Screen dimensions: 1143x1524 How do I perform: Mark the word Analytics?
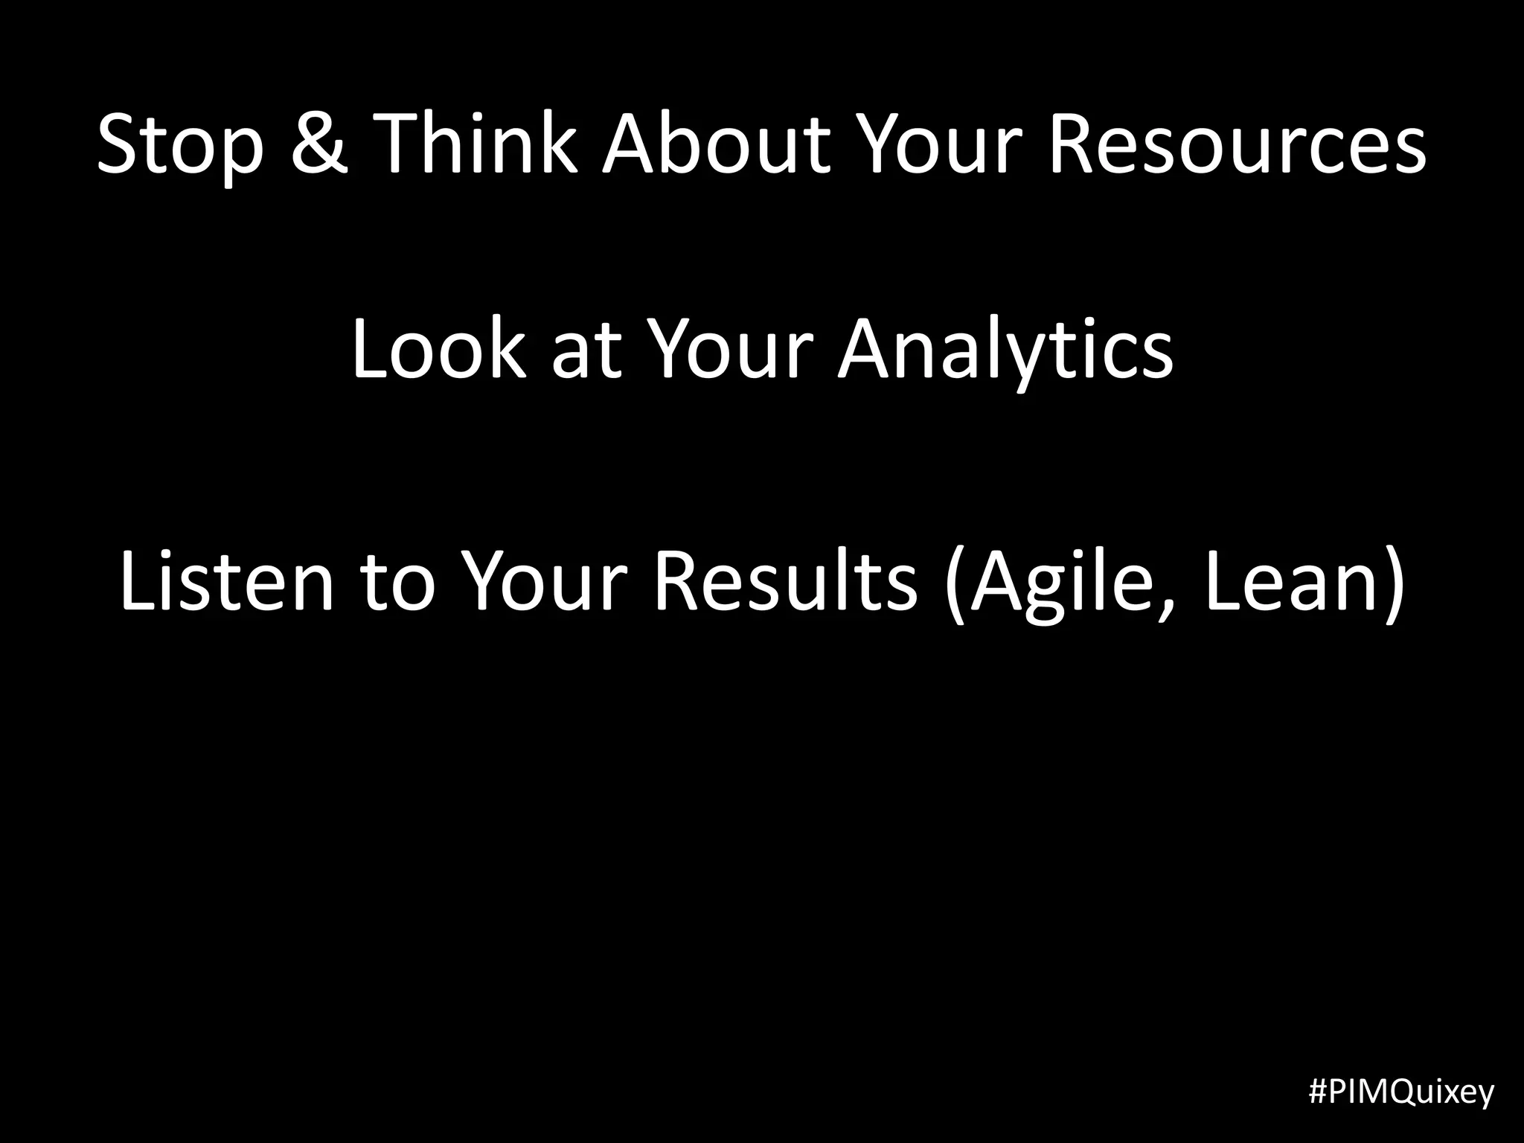click(x=1005, y=350)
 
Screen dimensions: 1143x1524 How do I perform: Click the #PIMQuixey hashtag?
click(x=1401, y=1092)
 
